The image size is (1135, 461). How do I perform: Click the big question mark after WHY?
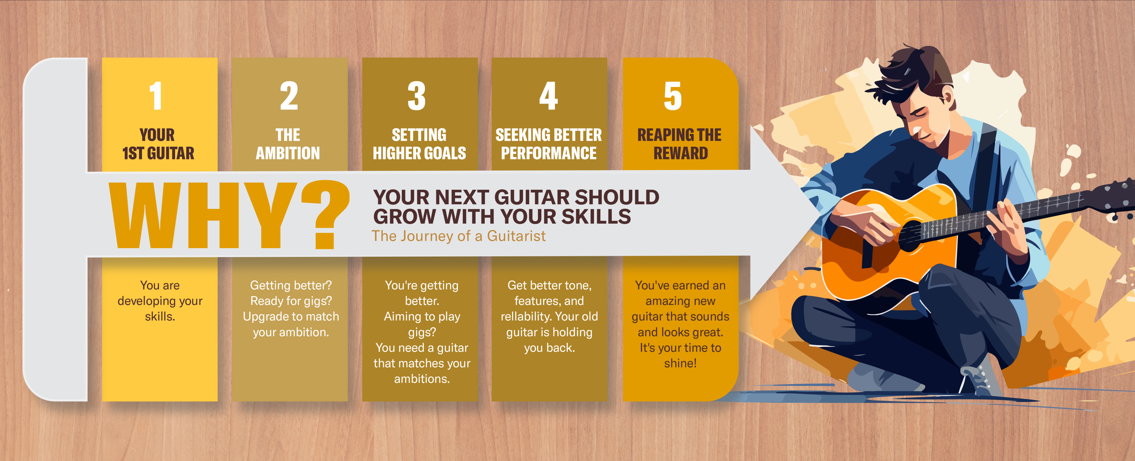[x=325, y=214]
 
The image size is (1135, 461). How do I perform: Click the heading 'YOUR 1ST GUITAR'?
[x=158, y=144]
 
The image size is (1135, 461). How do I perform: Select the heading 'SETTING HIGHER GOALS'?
[x=419, y=144]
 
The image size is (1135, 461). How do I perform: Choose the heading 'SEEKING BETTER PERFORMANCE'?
[x=549, y=144]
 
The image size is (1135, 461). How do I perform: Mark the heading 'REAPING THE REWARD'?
[x=679, y=144]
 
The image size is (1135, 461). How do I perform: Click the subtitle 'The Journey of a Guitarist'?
[x=458, y=236]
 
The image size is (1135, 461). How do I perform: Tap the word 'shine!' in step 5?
[x=680, y=363]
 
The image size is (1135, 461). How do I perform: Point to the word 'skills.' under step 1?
[x=160, y=316]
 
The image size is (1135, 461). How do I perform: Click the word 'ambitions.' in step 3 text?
[x=422, y=379]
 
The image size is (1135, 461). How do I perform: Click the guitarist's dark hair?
[x=914, y=73]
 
